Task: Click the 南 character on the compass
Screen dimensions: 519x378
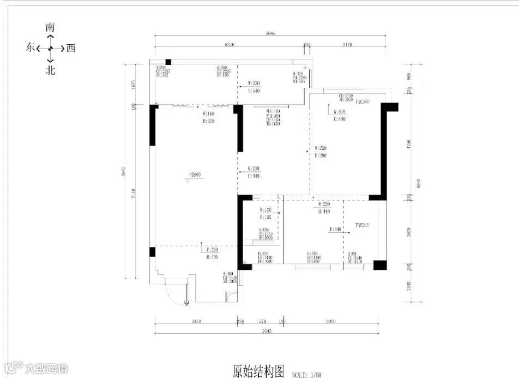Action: point(50,27)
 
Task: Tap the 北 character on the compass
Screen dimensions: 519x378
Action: point(50,70)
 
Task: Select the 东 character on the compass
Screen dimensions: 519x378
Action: point(31,49)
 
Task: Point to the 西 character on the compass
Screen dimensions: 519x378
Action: point(70,49)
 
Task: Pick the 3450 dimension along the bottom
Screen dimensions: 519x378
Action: point(197,322)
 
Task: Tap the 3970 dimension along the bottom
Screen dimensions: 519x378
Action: point(331,322)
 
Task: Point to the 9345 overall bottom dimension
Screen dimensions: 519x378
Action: point(267,331)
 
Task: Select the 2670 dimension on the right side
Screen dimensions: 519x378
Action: point(417,232)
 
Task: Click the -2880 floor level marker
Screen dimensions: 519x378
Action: point(195,176)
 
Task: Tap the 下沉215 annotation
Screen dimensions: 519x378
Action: point(362,225)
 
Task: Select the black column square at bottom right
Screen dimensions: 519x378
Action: point(379,266)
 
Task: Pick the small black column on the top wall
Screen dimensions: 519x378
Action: point(168,62)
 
